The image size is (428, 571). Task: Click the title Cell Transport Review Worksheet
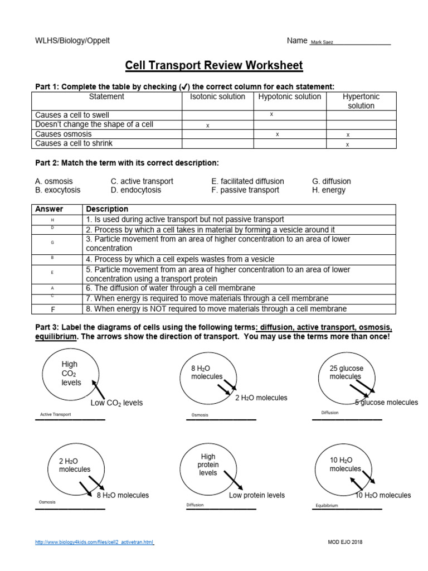click(x=214, y=66)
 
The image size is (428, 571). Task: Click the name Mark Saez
click(x=322, y=42)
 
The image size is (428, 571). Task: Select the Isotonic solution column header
click(x=217, y=97)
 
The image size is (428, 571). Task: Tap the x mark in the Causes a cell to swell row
click(x=271, y=114)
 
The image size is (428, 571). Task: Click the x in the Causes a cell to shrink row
click(x=347, y=145)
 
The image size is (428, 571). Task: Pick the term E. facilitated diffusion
click(x=247, y=181)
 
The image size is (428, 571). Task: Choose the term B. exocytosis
click(x=57, y=190)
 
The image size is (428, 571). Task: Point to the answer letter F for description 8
click(x=52, y=309)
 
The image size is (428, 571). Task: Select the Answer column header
click(x=50, y=209)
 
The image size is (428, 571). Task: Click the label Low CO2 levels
click(x=116, y=403)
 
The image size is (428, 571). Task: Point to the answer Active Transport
click(x=56, y=415)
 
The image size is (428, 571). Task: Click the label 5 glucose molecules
click(x=386, y=403)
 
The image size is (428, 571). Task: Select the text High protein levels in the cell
click(x=208, y=464)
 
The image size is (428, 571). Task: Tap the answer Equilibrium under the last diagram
click(x=327, y=506)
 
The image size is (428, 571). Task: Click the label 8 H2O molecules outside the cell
click(x=123, y=495)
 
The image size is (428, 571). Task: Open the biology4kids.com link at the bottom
click(x=94, y=542)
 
